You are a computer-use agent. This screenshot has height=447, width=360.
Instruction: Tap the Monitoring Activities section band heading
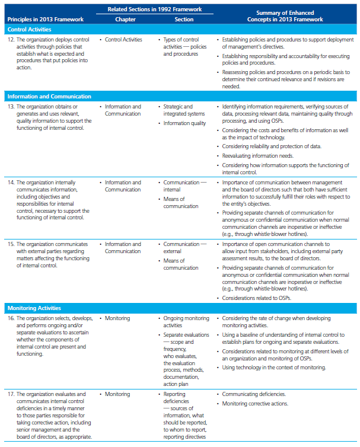coord(34,308)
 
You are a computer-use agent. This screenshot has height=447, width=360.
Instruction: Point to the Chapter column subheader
coord(125,19)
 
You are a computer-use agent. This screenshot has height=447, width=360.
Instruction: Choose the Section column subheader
coord(184,19)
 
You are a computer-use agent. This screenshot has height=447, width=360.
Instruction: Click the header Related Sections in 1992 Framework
coord(154,8)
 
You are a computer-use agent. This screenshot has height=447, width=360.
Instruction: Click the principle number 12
coord(11,40)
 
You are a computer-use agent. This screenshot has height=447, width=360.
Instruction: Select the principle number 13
coord(11,107)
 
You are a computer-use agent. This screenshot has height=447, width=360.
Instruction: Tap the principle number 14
coord(11,183)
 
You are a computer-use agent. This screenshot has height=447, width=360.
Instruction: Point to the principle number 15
coord(11,244)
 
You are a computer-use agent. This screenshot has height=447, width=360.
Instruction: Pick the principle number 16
coord(11,319)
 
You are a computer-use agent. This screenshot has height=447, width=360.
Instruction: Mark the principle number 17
coord(11,394)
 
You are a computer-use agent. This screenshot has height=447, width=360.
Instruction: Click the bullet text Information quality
coord(185,123)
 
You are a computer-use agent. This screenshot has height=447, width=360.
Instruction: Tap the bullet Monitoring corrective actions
coord(256,404)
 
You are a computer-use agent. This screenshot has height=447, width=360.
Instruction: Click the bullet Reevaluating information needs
coord(258,155)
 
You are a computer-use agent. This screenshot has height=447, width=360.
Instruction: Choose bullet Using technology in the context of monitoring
coord(274,368)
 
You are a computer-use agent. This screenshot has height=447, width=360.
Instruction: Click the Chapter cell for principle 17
coord(117,394)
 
